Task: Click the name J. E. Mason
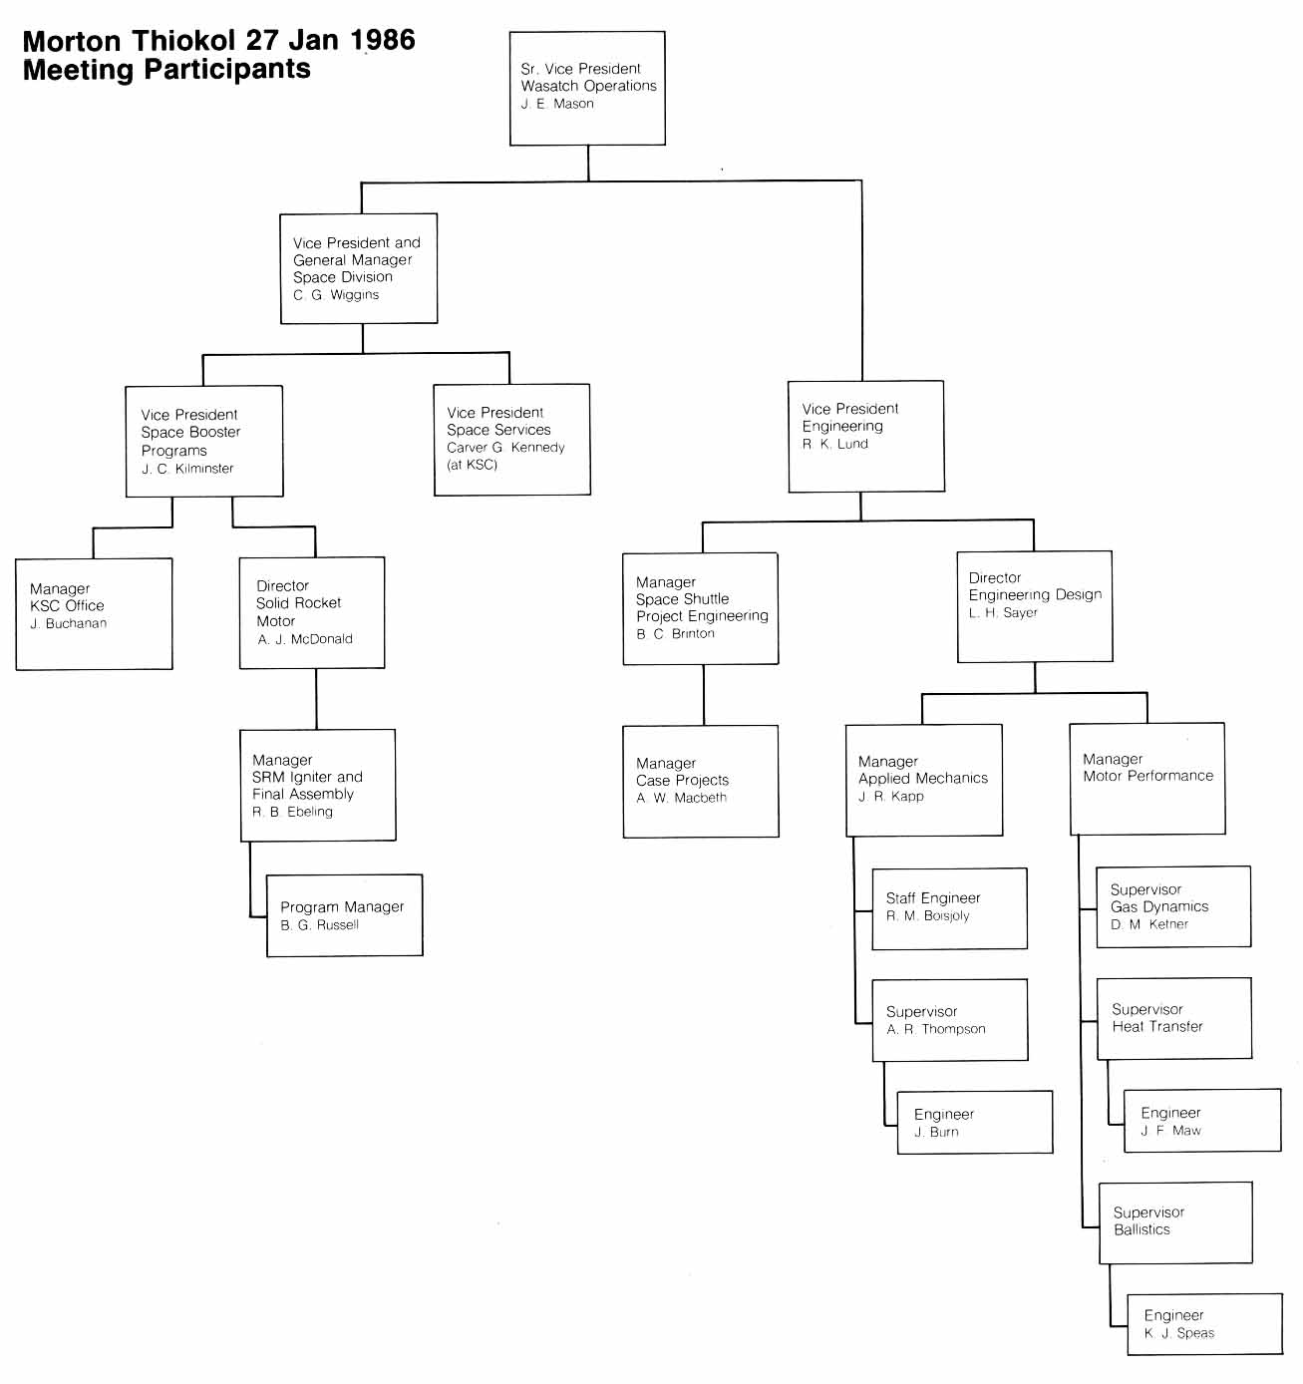[557, 104]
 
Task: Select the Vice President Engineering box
[866, 436]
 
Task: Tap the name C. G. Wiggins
[336, 295]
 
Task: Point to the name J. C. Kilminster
[187, 469]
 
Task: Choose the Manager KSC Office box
[94, 613]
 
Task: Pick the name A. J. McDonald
[305, 639]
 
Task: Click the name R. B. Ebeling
[292, 812]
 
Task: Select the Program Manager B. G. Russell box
[345, 915]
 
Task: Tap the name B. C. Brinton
[675, 634]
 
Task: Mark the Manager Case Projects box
[701, 781]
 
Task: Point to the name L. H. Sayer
[1003, 613]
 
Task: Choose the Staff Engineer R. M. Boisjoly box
[949, 908]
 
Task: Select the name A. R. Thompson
[936, 1029]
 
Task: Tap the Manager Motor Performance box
[1147, 779]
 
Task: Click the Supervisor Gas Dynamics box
[1173, 906]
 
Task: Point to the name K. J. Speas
[1179, 1333]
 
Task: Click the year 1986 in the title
[384, 41]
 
